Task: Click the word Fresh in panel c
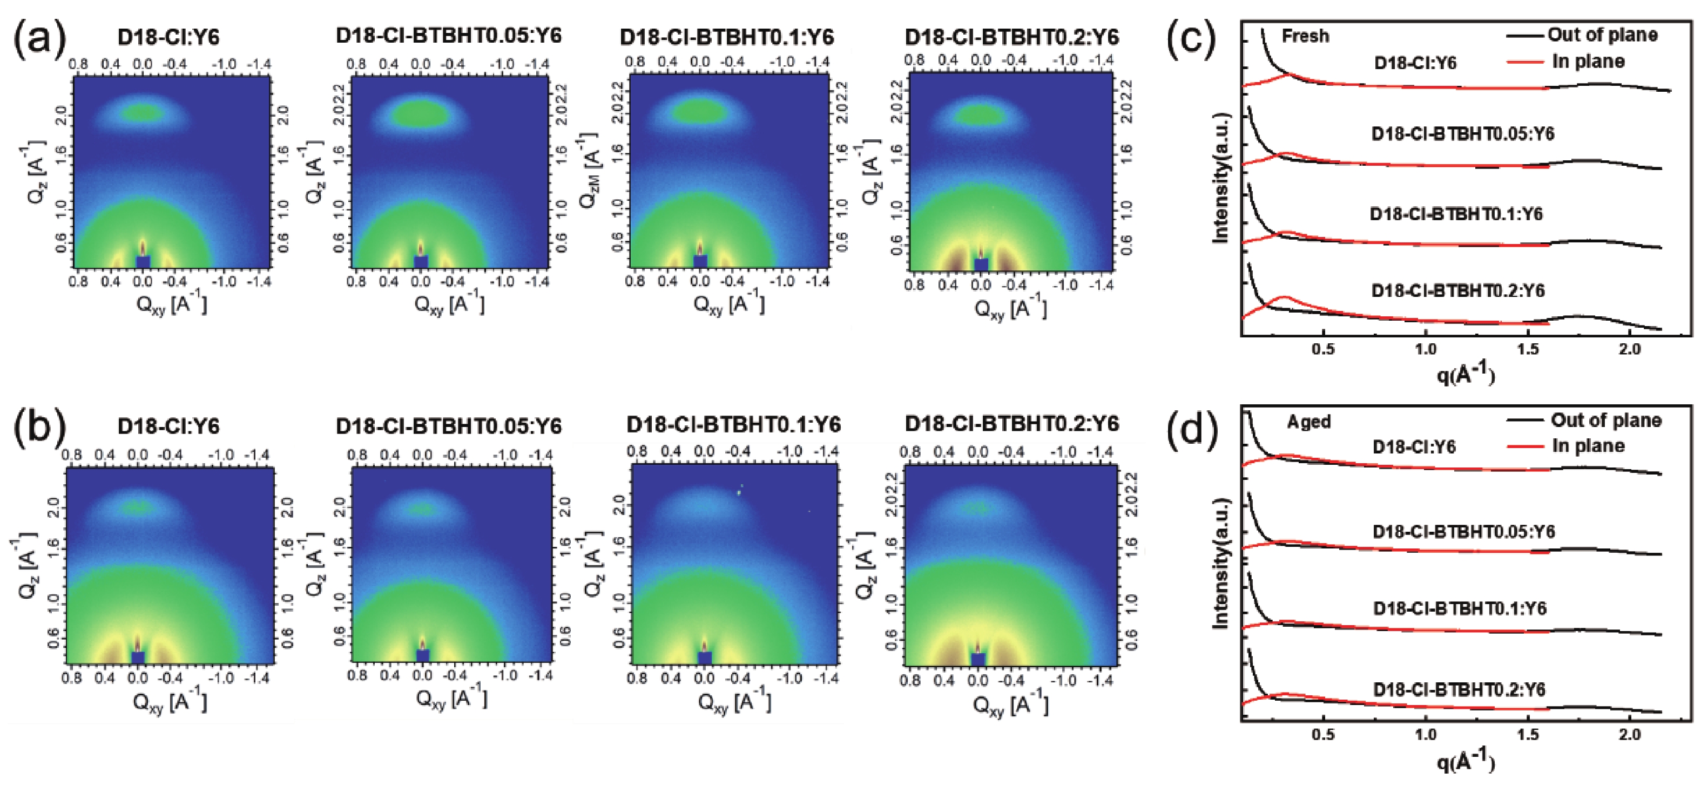(1305, 36)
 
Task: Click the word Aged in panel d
(1308, 422)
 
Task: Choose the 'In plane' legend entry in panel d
(1588, 446)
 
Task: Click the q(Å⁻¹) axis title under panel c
(1465, 374)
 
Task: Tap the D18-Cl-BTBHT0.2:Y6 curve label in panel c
(1458, 290)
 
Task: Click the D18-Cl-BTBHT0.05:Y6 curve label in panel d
(1463, 531)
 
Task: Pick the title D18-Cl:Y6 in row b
(168, 426)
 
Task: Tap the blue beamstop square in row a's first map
(143, 261)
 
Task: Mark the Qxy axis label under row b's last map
(1010, 705)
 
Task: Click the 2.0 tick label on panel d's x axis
(1629, 735)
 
